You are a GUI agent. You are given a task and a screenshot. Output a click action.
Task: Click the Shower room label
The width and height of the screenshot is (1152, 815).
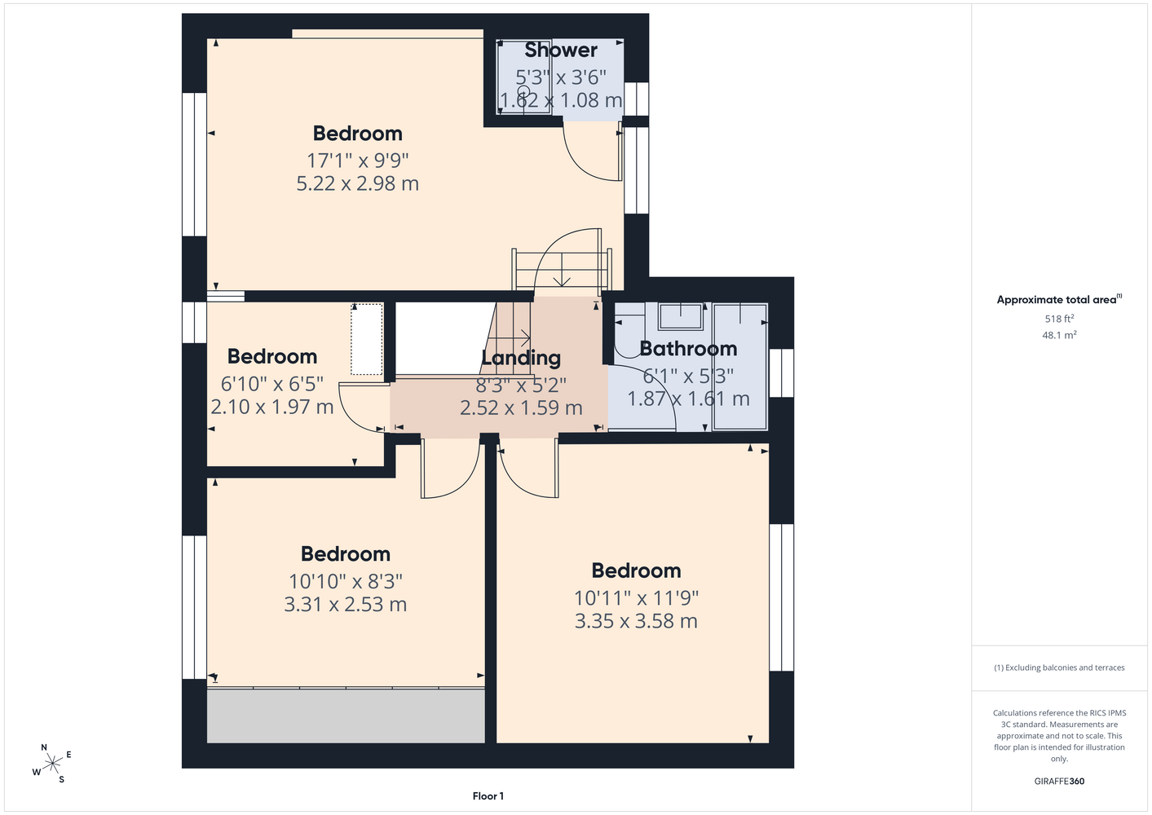561,50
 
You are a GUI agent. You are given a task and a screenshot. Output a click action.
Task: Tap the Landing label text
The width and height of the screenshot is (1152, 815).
521,358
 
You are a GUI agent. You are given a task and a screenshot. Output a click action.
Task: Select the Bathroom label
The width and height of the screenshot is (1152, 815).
688,349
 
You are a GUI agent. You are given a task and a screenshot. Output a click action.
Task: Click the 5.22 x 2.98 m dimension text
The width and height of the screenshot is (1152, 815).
357,183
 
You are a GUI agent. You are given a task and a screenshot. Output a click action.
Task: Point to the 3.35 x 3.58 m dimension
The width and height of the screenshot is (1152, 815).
636,621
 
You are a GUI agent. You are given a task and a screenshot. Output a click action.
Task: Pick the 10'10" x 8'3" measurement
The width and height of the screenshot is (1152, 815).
346,582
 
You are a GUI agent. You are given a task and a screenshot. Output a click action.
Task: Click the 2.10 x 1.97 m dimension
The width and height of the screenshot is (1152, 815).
272,407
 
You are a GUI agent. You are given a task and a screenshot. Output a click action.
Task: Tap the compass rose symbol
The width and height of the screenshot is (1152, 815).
51,763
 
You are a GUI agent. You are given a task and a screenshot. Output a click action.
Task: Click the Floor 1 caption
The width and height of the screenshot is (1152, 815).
488,796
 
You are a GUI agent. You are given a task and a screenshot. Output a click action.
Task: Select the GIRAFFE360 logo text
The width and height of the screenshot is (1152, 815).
1059,781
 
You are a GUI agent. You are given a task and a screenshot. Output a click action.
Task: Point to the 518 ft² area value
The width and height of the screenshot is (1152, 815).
1059,319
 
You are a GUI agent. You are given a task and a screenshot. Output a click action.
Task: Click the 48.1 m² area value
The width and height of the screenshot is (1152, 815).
1059,335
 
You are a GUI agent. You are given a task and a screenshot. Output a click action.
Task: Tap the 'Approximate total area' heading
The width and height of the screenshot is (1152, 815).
1059,300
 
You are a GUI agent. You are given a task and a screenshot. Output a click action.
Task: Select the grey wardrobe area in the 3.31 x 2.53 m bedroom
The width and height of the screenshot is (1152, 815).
346,716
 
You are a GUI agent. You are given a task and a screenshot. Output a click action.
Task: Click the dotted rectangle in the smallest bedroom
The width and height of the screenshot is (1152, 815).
367,339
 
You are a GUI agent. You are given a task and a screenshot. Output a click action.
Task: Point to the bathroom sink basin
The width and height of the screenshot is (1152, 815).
681,316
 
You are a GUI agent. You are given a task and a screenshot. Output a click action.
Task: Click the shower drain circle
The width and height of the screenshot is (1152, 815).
523,92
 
